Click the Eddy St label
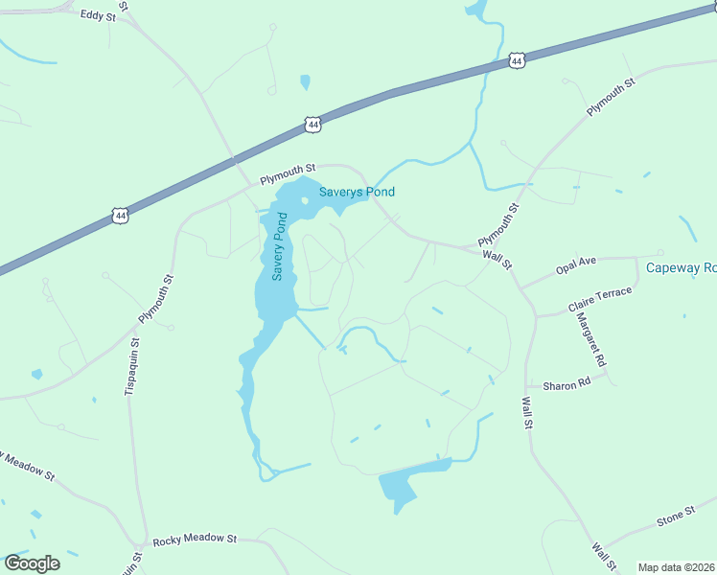click(x=97, y=15)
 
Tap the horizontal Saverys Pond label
click(x=357, y=192)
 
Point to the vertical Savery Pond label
click(x=280, y=248)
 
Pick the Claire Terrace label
click(x=600, y=299)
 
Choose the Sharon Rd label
click(x=567, y=385)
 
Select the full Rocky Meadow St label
click(x=193, y=539)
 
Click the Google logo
click(x=32, y=563)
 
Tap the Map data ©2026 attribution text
click(x=675, y=567)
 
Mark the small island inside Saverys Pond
click(x=304, y=201)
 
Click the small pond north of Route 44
click(x=305, y=82)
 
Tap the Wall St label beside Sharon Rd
click(x=526, y=412)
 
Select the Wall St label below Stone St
click(x=601, y=558)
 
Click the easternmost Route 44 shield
click(x=517, y=60)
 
